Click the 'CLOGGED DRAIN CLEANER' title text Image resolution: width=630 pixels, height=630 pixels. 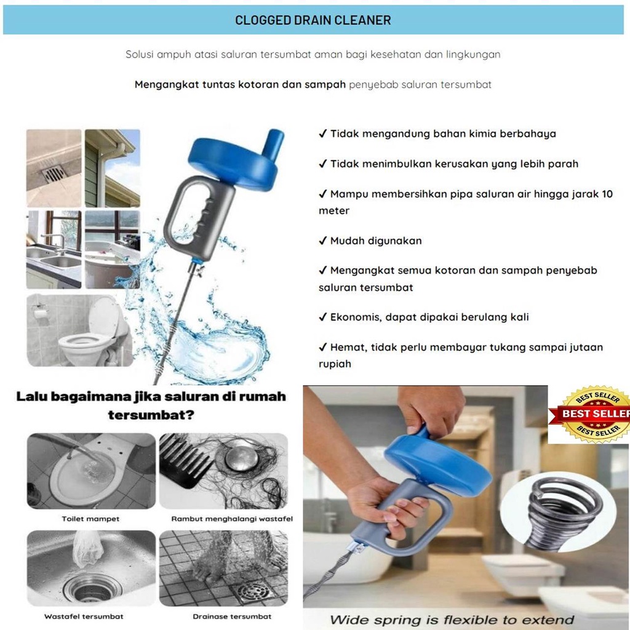click(313, 20)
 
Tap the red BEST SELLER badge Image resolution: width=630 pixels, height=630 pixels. click(594, 414)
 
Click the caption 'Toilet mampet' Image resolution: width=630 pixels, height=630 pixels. click(90, 519)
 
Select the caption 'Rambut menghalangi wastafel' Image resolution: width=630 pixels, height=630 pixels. click(223, 519)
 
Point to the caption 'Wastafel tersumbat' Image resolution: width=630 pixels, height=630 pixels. click(84, 616)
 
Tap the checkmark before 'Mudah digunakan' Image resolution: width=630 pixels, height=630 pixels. click(322, 241)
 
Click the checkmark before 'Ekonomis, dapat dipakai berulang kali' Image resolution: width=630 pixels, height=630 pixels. click(322, 317)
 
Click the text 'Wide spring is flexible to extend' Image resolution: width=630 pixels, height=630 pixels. click(452, 619)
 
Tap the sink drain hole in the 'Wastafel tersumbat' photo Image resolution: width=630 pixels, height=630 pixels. click(89, 589)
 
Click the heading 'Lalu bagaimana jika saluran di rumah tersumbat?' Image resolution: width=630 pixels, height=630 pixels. click(151, 405)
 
